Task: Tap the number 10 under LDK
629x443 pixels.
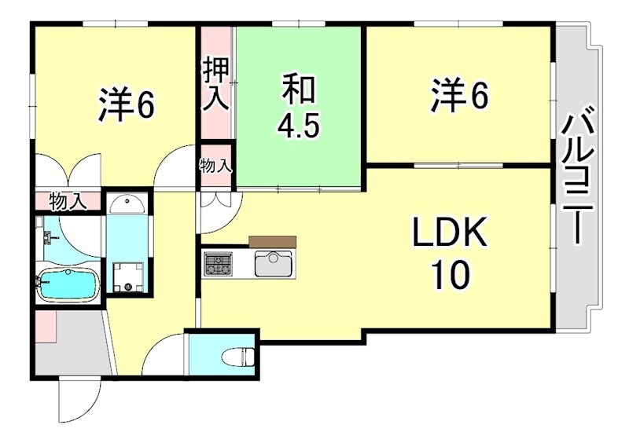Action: [x=451, y=274]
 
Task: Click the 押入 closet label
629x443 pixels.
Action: [x=217, y=83]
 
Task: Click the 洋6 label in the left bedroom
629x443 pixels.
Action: [x=125, y=107]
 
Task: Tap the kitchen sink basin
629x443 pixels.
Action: [x=274, y=263]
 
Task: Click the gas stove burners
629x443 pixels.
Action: [x=218, y=264]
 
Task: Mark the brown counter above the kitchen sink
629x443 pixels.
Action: [x=272, y=241]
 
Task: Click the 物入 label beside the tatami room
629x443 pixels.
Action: [x=215, y=166]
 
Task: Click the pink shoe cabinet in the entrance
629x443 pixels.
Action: [x=45, y=327]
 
